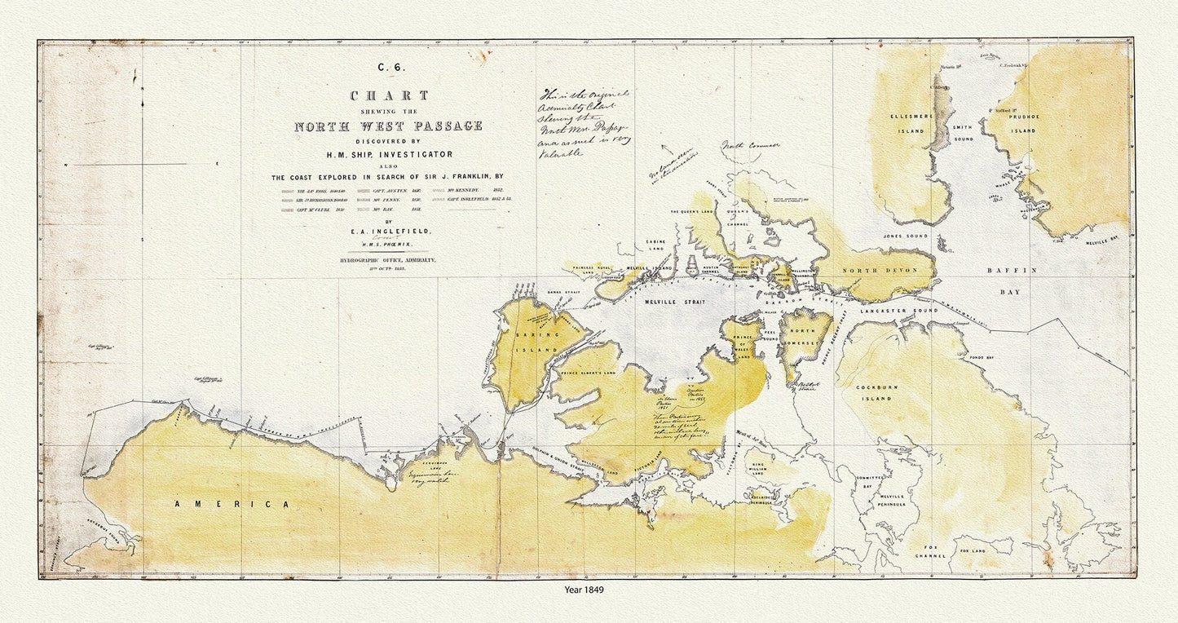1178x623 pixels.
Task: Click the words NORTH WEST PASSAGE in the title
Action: (388, 126)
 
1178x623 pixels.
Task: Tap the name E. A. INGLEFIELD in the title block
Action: (389, 231)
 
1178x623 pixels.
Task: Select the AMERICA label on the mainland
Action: (232, 505)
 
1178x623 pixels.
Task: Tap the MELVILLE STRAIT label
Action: (671, 302)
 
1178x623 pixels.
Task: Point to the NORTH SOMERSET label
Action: (805, 334)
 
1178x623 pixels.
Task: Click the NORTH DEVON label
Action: (880, 271)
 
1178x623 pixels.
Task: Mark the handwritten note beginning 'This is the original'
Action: (585, 122)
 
